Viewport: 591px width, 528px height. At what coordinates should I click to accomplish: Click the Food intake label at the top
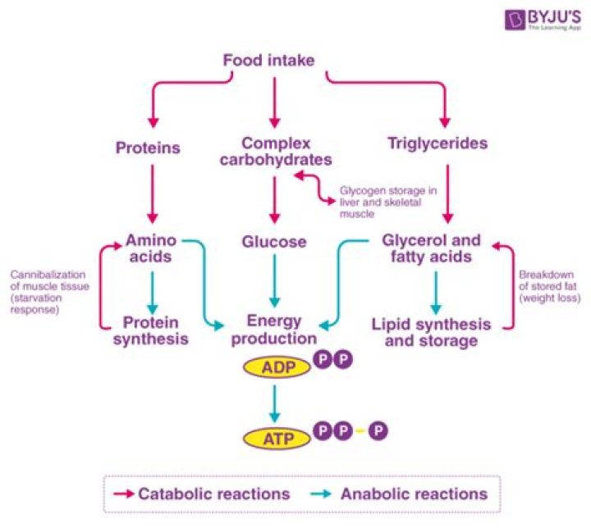click(x=268, y=60)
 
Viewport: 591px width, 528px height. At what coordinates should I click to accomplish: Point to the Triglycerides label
click(x=437, y=144)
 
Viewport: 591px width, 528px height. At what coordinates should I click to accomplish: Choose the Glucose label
click(x=274, y=242)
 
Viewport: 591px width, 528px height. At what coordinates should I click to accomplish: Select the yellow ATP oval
click(x=273, y=438)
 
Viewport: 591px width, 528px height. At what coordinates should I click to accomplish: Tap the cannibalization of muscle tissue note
click(x=48, y=293)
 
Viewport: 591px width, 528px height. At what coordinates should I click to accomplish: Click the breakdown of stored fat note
click(x=549, y=287)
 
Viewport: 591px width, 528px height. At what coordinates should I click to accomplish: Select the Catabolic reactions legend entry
click(x=201, y=494)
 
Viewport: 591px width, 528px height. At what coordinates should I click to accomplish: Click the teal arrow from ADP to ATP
click(x=275, y=402)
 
